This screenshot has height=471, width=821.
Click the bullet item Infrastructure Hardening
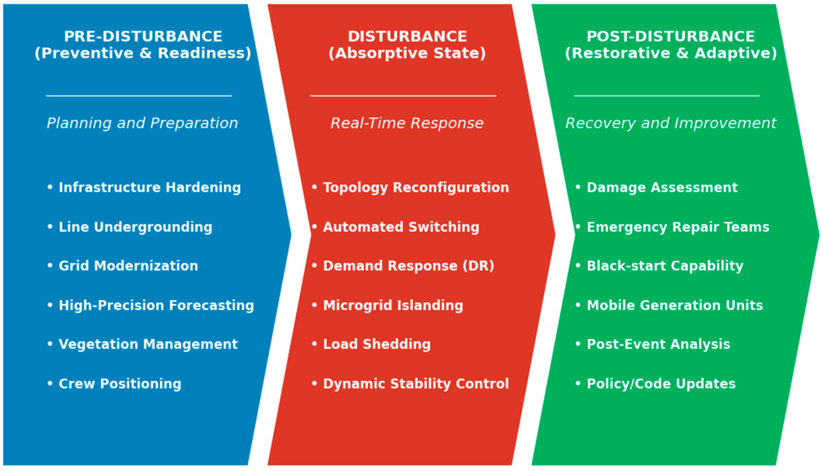(149, 187)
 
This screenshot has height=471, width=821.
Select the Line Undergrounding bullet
(135, 227)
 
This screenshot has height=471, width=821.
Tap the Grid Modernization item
(128, 266)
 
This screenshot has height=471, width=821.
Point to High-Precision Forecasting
(156, 305)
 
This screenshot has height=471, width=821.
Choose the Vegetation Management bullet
(148, 344)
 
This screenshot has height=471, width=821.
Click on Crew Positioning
(120, 384)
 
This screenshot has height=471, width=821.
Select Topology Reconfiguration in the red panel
(416, 187)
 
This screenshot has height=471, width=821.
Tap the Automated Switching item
(401, 227)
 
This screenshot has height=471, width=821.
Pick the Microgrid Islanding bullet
(393, 305)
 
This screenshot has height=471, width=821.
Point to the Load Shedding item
(377, 344)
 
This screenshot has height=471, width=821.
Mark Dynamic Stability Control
(416, 384)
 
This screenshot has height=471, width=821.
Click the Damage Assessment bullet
(662, 187)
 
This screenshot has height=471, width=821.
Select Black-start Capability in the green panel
(665, 266)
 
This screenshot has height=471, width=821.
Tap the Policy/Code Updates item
(661, 384)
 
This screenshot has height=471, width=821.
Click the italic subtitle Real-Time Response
(407, 123)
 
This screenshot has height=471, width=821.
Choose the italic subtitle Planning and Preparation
(142, 123)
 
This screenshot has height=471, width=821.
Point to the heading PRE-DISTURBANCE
(143, 36)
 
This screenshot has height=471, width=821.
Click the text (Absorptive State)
(407, 53)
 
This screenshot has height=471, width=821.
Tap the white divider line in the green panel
(667, 96)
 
